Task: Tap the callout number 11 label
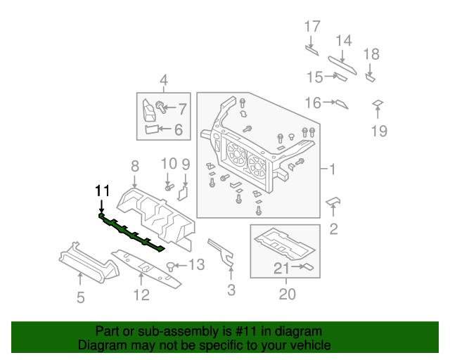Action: click(x=103, y=191)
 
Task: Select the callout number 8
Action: click(x=134, y=165)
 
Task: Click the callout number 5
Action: click(x=80, y=297)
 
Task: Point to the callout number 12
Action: click(x=141, y=295)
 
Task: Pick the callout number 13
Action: click(x=196, y=265)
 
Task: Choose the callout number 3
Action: click(x=231, y=290)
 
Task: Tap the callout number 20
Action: click(x=287, y=295)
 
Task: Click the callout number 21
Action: click(x=281, y=267)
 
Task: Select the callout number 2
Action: click(x=333, y=228)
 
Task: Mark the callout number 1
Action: click(x=332, y=169)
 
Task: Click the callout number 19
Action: click(x=379, y=130)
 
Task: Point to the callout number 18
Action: click(x=371, y=54)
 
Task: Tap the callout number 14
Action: click(x=343, y=40)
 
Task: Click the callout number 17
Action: click(x=311, y=27)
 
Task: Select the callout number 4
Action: click(x=163, y=79)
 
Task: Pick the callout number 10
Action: click(x=168, y=164)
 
